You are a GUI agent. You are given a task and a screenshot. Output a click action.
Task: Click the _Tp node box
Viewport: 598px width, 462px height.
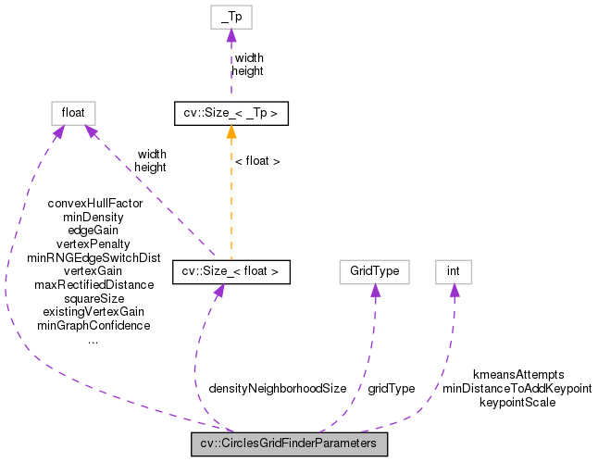pyautogui.click(x=231, y=18)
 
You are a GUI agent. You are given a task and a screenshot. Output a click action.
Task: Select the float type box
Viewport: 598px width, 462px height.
pyautogui.click(x=73, y=113)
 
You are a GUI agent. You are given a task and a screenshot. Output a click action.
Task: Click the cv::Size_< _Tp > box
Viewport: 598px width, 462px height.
pyautogui.click(x=231, y=114)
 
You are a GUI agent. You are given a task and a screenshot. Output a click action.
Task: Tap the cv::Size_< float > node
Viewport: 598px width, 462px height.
pyautogui.click(x=231, y=271)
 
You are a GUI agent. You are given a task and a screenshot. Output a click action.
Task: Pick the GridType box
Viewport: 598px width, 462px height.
pyautogui.click(x=374, y=271)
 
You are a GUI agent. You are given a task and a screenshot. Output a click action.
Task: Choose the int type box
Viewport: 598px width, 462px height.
pyautogui.click(x=454, y=271)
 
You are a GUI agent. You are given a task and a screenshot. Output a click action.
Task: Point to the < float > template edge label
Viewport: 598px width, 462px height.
pyautogui.click(x=257, y=161)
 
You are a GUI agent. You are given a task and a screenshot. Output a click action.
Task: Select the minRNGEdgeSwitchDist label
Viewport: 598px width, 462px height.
pyautogui.click(x=93, y=257)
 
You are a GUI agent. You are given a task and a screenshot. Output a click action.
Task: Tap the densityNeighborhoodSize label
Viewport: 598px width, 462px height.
pyautogui.click(x=277, y=389)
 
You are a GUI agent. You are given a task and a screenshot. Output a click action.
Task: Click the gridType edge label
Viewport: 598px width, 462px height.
pyautogui.click(x=391, y=389)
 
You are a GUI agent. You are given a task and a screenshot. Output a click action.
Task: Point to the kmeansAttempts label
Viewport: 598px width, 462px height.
pyautogui.click(x=517, y=375)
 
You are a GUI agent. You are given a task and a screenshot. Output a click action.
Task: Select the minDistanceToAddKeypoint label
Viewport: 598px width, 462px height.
pyautogui.click(x=517, y=389)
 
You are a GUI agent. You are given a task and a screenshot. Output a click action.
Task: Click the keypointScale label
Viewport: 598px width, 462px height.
pyautogui.click(x=517, y=403)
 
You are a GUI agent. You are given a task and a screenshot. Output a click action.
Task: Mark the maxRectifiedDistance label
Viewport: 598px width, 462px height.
pyautogui.click(x=93, y=285)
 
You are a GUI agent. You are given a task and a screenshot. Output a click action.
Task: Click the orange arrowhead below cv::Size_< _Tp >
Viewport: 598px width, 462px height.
pyautogui.click(x=231, y=132)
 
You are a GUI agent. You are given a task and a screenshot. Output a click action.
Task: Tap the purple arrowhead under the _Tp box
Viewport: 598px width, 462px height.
pyautogui.click(x=231, y=36)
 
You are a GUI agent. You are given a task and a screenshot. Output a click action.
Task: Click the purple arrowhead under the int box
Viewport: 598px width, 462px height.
pyautogui.click(x=454, y=290)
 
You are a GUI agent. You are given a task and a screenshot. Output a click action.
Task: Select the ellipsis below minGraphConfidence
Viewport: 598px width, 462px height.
pyautogui.click(x=93, y=341)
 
